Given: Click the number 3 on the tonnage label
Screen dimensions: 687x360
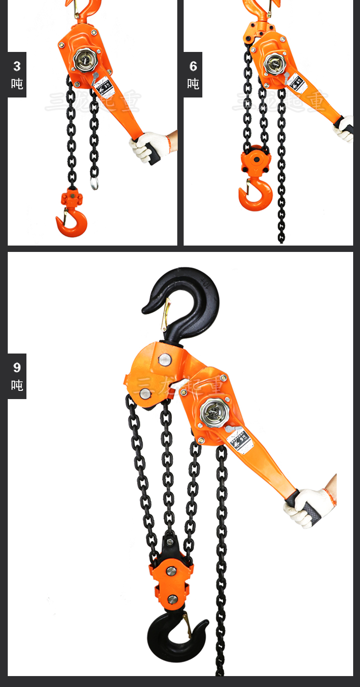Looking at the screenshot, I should point(17,67).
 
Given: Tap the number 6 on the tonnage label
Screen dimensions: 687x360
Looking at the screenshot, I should point(193,67).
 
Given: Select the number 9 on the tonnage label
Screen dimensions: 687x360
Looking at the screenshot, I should point(17,368).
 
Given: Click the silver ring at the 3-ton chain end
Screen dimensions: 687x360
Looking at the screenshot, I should point(94,183).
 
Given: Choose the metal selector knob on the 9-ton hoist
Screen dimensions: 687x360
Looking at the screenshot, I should point(213,412).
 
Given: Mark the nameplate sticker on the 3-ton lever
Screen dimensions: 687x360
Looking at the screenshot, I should point(103,86).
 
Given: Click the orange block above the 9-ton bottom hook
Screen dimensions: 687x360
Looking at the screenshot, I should point(171,581).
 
